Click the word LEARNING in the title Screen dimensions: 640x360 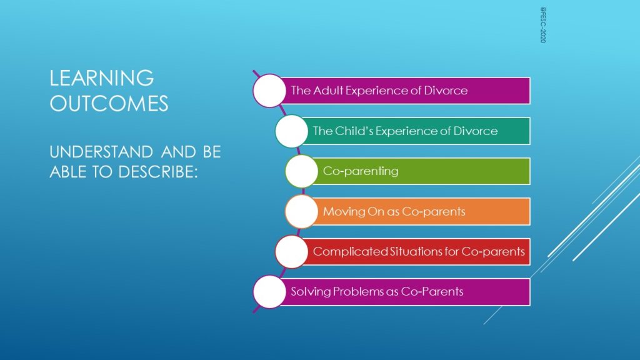(102, 78)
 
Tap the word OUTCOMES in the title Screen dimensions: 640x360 (109, 103)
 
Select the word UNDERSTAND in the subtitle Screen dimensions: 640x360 (101, 152)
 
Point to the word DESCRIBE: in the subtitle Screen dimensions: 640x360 (158, 172)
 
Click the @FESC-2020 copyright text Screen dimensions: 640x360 (543, 24)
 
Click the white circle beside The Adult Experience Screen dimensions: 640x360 (269, 91)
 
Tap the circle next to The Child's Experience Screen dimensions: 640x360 (291, 131)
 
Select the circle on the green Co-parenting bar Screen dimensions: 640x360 (302, 171)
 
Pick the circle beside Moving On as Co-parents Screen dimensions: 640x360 (302, 211)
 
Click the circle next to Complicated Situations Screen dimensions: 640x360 (291, 251)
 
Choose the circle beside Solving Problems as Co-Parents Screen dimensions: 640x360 (269, 291)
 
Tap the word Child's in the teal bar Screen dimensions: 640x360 (354, 131)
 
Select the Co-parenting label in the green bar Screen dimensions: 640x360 (361, 171)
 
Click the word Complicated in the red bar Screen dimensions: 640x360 (350, 251)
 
